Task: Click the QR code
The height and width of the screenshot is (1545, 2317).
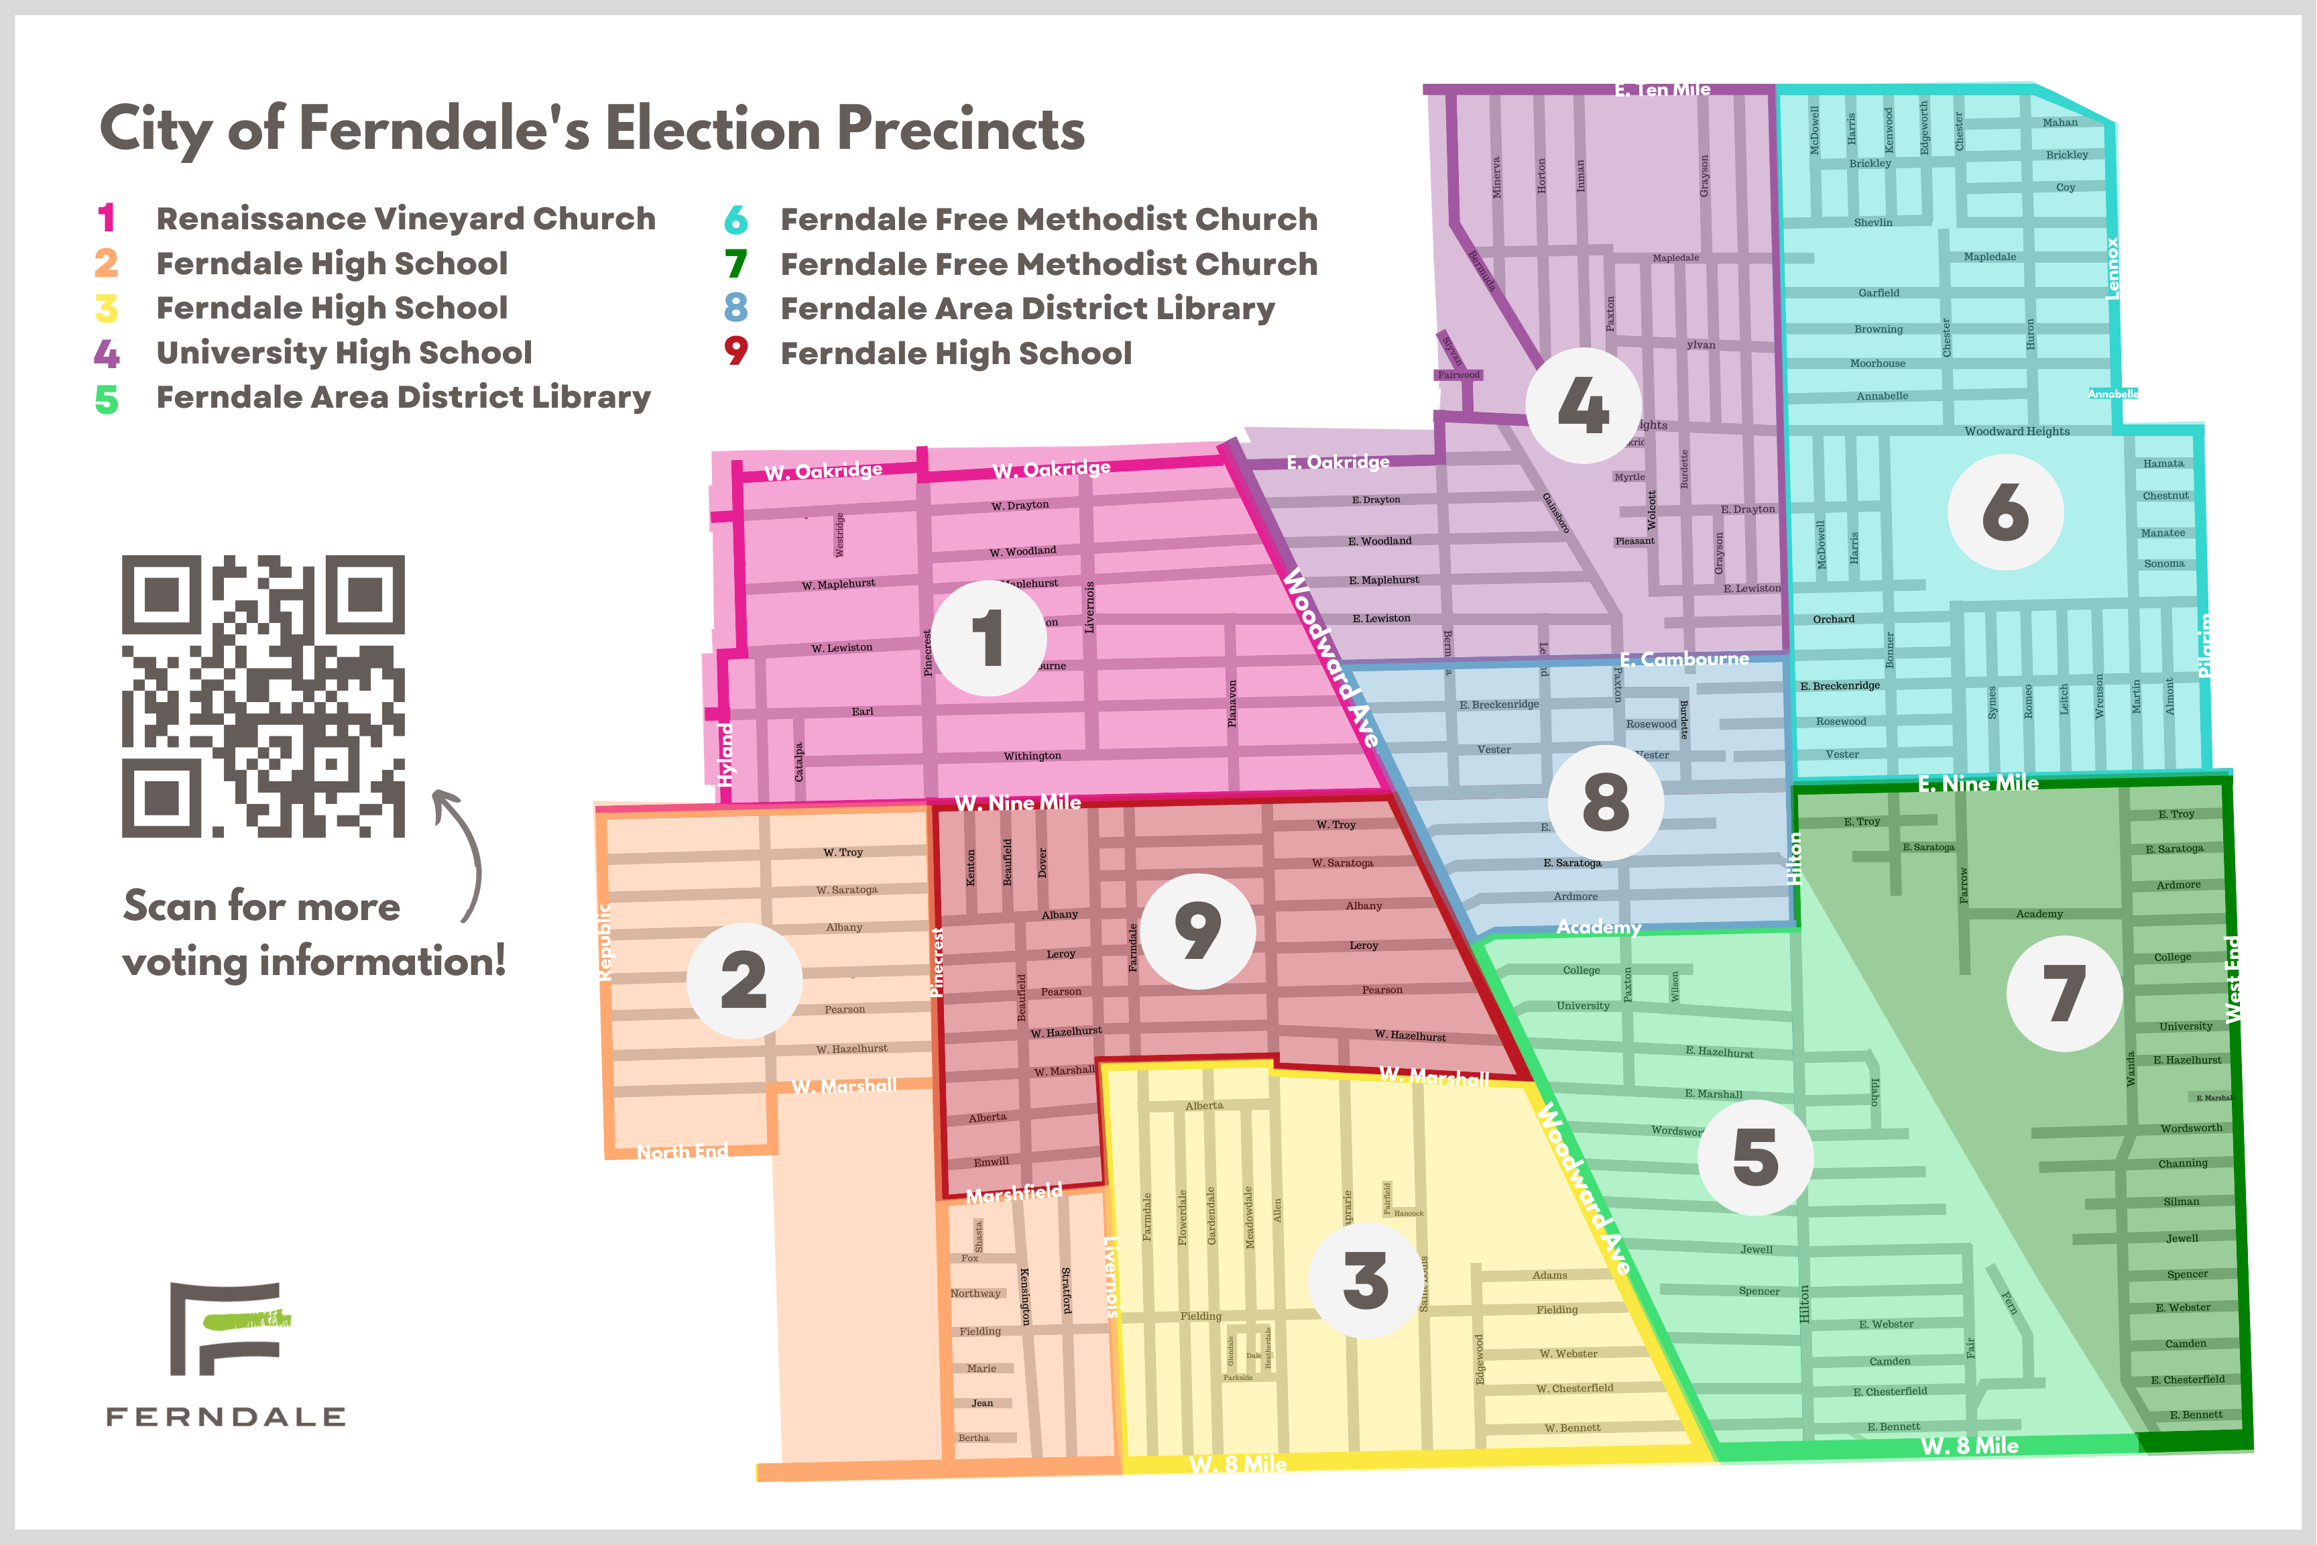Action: coord(263,695)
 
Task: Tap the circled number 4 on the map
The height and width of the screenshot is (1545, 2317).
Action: coord(1583,405)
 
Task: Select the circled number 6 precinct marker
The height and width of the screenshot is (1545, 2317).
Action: coord(2005,512)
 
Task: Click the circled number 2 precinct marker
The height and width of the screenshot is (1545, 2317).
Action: coord(744,980)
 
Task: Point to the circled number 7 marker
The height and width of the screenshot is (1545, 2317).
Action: coord(2064,993)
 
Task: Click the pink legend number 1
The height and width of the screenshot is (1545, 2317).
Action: coord(107,218)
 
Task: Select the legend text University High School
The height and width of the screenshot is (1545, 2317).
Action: coord(344,353)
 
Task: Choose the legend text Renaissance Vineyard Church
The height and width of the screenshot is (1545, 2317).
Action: coord(406,219)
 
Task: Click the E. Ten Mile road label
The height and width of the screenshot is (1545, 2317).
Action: coord(1662,90)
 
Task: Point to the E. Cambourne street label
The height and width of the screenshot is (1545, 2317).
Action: coord(1685,659)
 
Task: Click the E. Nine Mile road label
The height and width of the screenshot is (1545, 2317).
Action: coord(1978,783)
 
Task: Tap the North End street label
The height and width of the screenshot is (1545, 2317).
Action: coord(682,1151)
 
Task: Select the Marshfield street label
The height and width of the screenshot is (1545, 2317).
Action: coord(1014,1193)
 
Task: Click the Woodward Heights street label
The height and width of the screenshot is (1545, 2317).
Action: coord(2017,432)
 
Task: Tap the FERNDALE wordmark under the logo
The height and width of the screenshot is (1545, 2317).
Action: coord(225,1417)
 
